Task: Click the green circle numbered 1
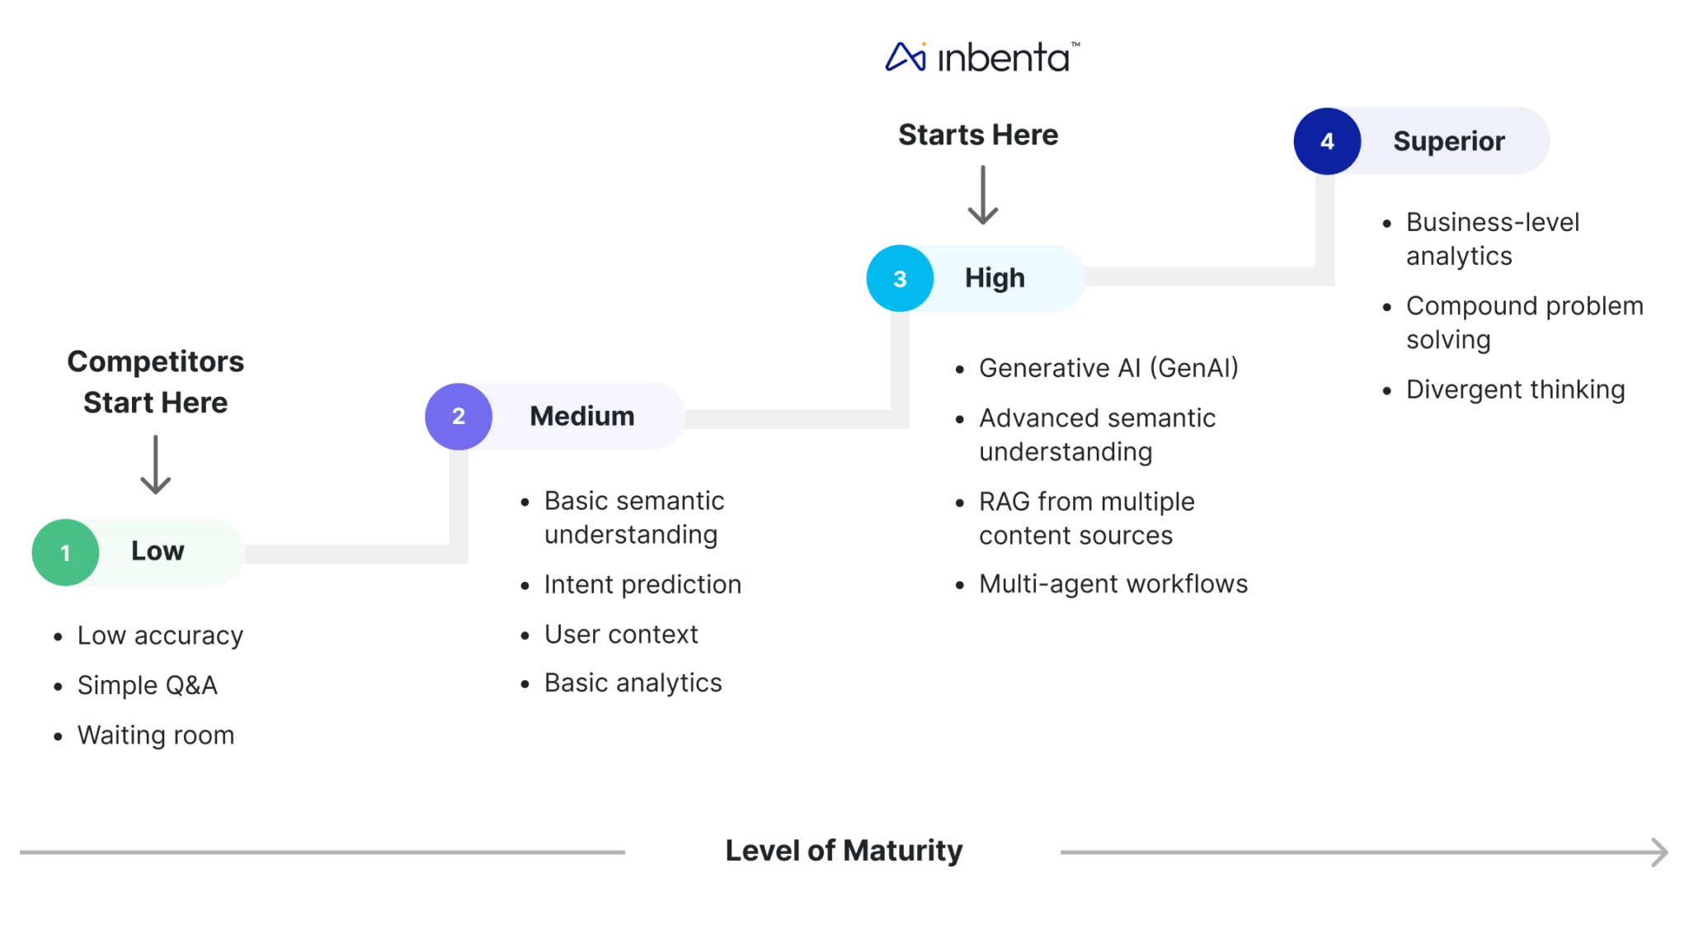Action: [65, 552]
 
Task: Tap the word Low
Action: [158, 551]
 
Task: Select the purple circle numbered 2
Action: [458, 416]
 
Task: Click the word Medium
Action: [581, 416]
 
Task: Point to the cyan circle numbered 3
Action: [900, 279]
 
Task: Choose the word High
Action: [995, 278]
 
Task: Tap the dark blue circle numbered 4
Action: [1326, 141]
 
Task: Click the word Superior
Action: [1448, 141]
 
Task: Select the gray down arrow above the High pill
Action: [983, 196]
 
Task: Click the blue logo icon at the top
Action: [906, 57]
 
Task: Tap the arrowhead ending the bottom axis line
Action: [1658, 852]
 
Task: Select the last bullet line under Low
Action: [155, 734]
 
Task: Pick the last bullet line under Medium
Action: [632, 682]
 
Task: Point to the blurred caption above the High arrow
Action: [979, 136]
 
